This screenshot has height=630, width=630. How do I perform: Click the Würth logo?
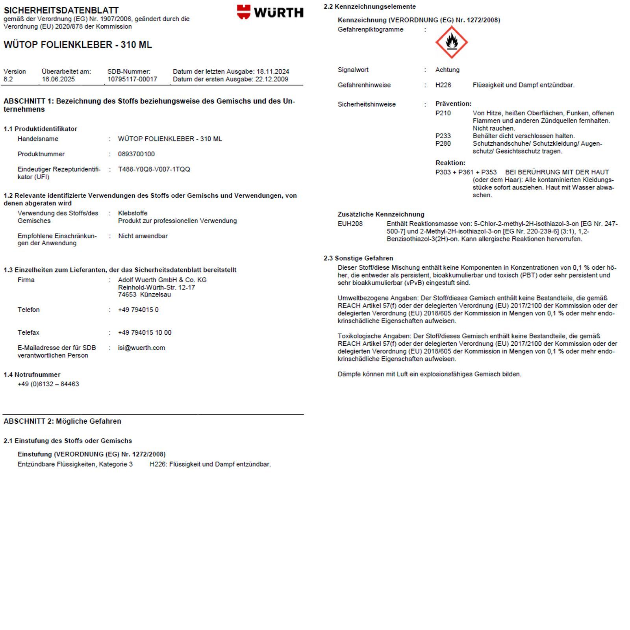[270, 12]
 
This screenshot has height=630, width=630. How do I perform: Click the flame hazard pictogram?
[451, 42]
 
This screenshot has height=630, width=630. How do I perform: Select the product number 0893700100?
[136, 154]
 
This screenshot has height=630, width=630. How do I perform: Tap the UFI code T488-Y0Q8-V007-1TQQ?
[154, 169]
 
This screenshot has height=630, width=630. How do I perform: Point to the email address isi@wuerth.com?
[141, 348]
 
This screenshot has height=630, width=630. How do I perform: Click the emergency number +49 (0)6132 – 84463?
[48, 384]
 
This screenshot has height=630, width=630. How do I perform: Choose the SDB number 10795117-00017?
[132, 79]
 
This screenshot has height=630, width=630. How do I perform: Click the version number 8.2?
[8, 79]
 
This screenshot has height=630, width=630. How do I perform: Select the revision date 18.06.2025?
[58, 79]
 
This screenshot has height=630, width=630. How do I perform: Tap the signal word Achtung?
[447, 70]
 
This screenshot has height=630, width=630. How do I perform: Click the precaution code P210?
[443, 113]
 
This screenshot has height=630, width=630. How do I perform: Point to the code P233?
[443, 136]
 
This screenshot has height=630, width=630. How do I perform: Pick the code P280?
[443, 143]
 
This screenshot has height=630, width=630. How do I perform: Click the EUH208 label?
[350, 224]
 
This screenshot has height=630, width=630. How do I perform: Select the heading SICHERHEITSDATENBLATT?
[61, 10]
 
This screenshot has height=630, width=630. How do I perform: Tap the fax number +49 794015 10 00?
[145, 333]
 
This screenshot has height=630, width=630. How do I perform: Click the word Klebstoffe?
[133, 213]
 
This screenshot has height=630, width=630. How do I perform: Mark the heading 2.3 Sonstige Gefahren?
[358, 258]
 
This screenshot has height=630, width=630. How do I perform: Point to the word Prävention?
[453, 104]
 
